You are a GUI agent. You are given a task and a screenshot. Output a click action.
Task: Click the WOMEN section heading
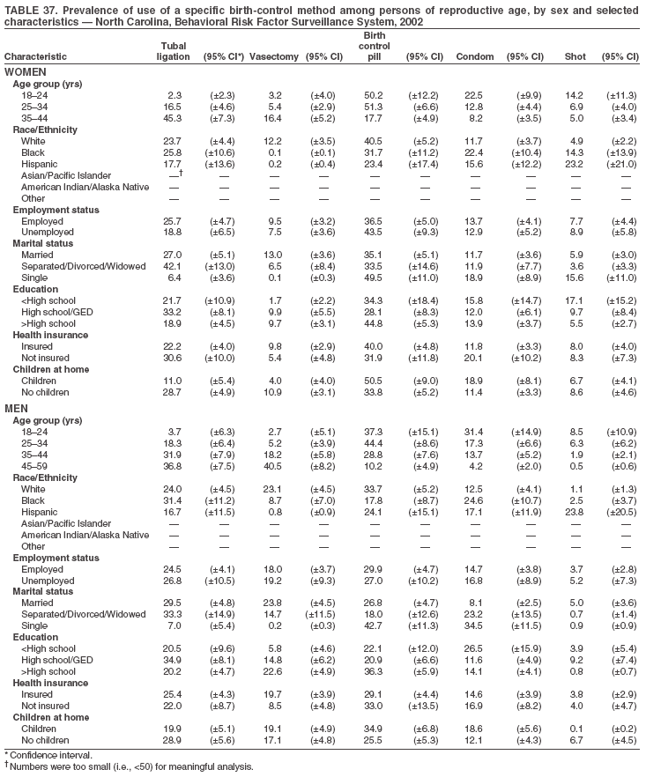26,70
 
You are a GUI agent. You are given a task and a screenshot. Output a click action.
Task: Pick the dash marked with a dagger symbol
175,174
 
